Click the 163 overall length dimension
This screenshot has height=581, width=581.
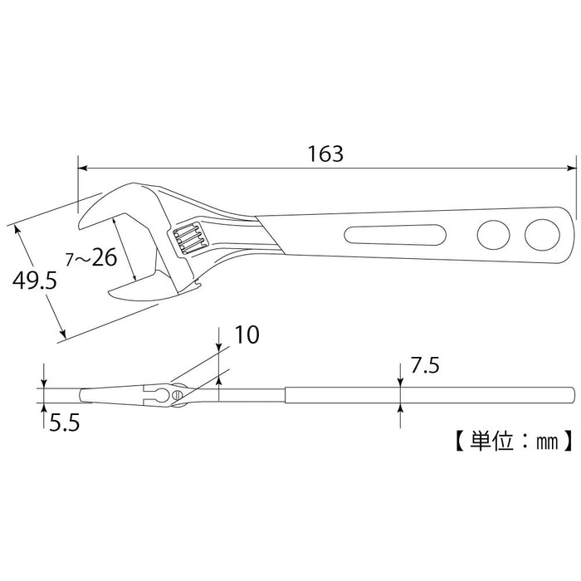(x=325, y=154)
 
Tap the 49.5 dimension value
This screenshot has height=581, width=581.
(x=34, y=281)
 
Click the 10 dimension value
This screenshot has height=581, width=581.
(x=247, y=334)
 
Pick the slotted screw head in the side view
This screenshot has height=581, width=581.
(x=176, y=393)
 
